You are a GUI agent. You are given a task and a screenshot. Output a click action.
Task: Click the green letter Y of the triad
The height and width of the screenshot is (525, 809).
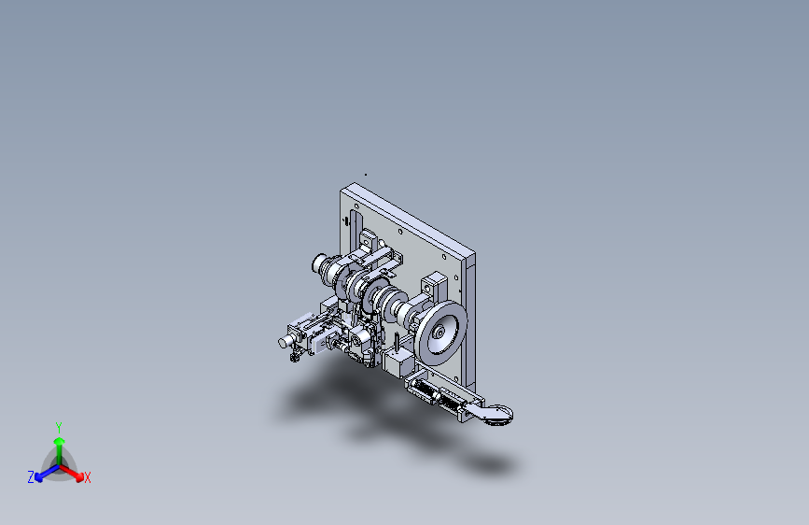pos(59,426)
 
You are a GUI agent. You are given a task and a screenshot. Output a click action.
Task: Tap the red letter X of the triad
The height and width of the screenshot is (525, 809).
pos(88,478)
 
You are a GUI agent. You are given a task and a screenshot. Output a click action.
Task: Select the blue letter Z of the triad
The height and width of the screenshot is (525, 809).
pos(31,477)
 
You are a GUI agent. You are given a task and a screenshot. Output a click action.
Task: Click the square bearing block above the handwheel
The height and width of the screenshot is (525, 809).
pos(435,284)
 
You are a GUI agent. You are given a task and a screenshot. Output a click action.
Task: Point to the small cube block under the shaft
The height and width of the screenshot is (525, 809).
pos(398,362)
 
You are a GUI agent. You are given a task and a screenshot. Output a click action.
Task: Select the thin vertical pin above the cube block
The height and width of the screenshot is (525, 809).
pos(398,342)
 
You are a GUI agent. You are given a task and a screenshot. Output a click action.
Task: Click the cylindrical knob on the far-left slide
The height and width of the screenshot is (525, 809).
pos(282,344)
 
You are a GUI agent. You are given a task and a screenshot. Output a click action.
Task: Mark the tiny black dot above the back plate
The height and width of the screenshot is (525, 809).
pos(366,174)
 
